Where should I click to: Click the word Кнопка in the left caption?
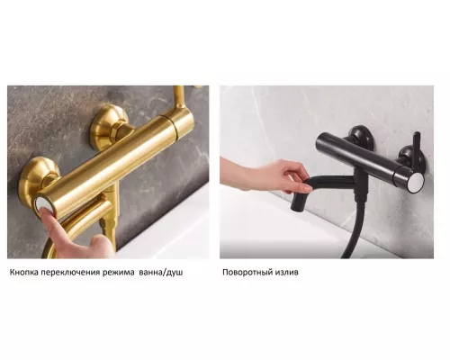24,273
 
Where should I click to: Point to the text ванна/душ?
161,273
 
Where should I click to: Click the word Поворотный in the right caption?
247,273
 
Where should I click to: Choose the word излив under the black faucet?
286,273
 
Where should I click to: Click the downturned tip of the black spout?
297,206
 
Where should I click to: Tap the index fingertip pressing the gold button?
48,217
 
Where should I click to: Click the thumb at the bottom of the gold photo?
102,246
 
